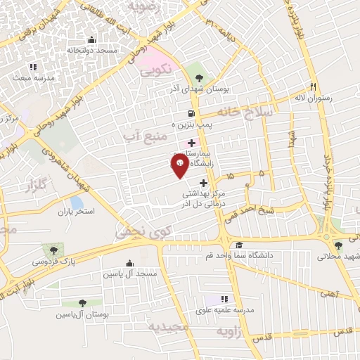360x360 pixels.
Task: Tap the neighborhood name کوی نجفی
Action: (x=141, y=232)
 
